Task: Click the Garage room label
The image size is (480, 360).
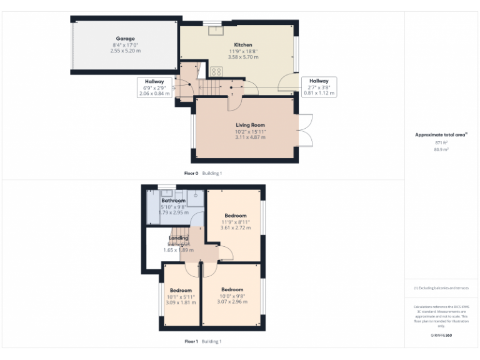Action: [x=126, y=39]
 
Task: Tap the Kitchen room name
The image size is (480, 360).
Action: [x=242, y=45]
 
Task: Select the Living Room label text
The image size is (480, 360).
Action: [x=250, y=125]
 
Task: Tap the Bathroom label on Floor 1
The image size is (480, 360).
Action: [x=174, y=201]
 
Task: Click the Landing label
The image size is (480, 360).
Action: [x=179, y=238]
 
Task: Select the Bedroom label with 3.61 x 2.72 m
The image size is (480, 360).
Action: [x=235, y=216]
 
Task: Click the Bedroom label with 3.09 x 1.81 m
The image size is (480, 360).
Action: [x=181, y=291]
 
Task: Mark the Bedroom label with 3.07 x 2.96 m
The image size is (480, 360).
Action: [x=232, y=290]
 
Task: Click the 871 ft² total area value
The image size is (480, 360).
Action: [x=441, y=142]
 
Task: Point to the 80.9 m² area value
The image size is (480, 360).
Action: [x=441, y=149]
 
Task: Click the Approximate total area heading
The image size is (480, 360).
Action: [x=441, y=134]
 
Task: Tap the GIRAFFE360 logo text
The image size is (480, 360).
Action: [x=441, y=336]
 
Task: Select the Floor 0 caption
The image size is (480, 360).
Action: [x=191, y=172]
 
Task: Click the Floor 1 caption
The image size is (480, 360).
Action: [x=191, y=341]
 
